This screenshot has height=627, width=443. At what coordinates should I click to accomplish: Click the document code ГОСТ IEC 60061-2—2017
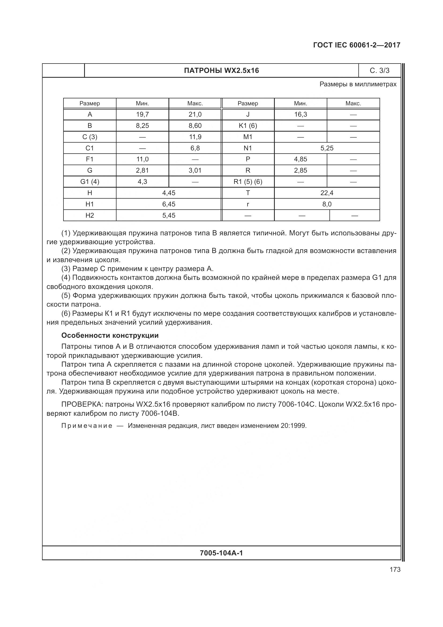tap(356, 45)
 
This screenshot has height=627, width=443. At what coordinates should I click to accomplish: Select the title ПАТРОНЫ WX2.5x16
tap(221, 71)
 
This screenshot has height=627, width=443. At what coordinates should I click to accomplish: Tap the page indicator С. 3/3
tap(380, 71)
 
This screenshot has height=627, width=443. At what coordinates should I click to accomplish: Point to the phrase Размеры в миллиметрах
tap(358, 84)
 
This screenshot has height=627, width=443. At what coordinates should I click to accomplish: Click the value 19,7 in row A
tap(142, 114)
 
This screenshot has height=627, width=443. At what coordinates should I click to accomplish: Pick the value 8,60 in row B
tap(195, 126)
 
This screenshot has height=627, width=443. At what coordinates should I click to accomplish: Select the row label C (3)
tap(90, 137)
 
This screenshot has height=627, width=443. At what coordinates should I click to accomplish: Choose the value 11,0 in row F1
tap(142, 159)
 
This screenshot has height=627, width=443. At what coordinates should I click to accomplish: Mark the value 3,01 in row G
tap(195, 170)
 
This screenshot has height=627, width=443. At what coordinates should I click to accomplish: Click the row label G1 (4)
tap(90, 181)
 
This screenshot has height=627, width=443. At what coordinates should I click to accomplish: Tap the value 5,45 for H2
tap(168, 216)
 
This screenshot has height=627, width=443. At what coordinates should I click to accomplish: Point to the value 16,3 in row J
tap(300, 114)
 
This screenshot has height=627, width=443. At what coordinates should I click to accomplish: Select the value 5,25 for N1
tap(327, 148)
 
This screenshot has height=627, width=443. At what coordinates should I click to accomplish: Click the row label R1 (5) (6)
tap(248, 181)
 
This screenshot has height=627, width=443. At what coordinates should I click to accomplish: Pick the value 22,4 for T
tap(327, 193)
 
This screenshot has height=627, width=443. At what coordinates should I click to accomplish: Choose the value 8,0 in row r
tap(327, 204)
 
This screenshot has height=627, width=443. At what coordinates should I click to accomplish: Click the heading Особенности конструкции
tap(110, 335)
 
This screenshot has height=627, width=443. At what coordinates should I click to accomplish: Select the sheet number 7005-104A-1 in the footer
tap(221, 553)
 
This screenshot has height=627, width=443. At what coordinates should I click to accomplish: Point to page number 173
tap(395, 569)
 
